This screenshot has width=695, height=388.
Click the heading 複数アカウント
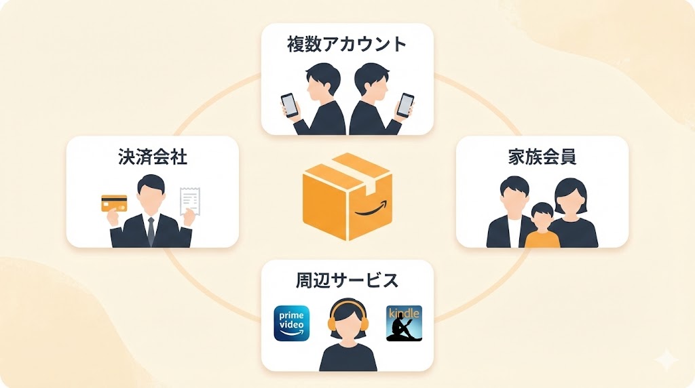pyautogui.click(x=347, y=45)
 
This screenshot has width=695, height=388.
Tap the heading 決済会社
pyautogui.click(x=152, y=158)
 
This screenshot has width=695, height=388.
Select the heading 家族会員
pyautogui.click(x=542, y=157)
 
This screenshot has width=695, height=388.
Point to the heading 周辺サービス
pyautogui.click(x=347, y=279)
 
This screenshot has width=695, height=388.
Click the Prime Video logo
pyautogui.click(x=291, y=323)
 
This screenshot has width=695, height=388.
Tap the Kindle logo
pyautogui.click(x=404, y=323)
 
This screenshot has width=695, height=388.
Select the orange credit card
pyautogui.click(x=114, y=203)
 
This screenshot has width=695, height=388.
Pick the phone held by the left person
pyautogui.click(x=289, y=104)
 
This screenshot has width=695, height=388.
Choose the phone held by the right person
pyautogui.click(x=405, y=104)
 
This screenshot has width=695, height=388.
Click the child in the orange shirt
pyautogui.click(x=542, y=227)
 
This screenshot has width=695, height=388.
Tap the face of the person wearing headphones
pyautogui.click(x=347, y=322)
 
